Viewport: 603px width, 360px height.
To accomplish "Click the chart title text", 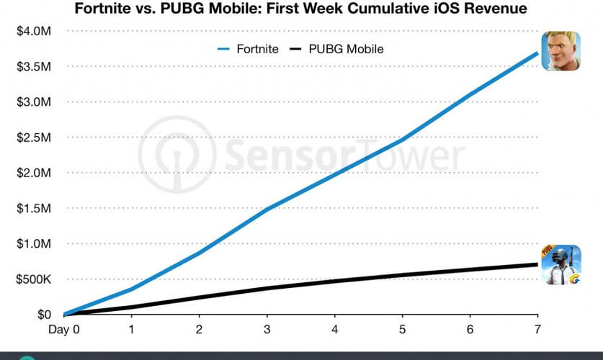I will (301, 9).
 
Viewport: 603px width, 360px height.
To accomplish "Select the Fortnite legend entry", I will (244, 49).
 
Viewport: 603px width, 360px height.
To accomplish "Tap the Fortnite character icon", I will (561, 50).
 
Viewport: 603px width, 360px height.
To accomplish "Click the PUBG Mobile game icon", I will (561, 264).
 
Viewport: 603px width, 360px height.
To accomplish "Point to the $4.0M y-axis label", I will (33, 32).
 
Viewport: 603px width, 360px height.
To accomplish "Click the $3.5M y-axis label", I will (33, 67).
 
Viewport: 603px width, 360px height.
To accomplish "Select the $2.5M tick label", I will (33, 138).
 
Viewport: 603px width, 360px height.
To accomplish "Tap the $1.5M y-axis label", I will (33, 208).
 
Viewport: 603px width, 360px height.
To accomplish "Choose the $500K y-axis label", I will (33, 279).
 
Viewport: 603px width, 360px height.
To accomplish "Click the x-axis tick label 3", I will (267, 329).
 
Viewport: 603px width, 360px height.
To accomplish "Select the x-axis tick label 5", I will (403, 329).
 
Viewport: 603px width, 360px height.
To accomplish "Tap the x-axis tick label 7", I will (537, 329).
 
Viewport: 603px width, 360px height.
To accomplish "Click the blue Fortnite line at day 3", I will (267, 210).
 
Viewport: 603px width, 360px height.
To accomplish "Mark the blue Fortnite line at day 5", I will (403, 139).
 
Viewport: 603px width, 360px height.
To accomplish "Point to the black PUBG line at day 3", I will (267, 288).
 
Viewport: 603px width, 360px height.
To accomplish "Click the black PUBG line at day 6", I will (470, 270).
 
